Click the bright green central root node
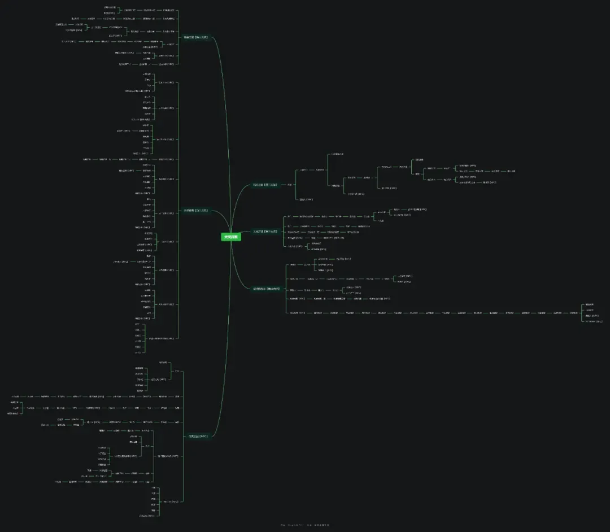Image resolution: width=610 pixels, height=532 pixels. (231, 237)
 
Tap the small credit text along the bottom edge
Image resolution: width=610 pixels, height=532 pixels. (305, 525)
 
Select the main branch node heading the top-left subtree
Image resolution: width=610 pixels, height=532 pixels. (195, 37)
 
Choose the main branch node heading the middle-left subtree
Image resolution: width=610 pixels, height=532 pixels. (195, 211)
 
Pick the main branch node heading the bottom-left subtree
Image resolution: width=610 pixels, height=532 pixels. (198, 436)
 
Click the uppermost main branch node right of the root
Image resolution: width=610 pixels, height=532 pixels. (265, 185)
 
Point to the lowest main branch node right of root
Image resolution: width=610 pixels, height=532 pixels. (266, 289)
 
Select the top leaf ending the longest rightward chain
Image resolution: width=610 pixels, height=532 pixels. (590, 304)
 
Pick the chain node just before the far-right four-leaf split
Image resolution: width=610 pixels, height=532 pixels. (573, 312)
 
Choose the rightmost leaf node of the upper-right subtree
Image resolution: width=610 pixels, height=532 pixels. (511, 171)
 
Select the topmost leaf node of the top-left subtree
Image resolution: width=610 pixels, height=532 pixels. (110, 7)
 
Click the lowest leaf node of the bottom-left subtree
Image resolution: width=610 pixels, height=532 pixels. (147, 516)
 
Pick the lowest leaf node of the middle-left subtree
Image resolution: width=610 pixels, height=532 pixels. (138, 352)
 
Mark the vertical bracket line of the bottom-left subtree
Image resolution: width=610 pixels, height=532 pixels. (184, 435)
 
